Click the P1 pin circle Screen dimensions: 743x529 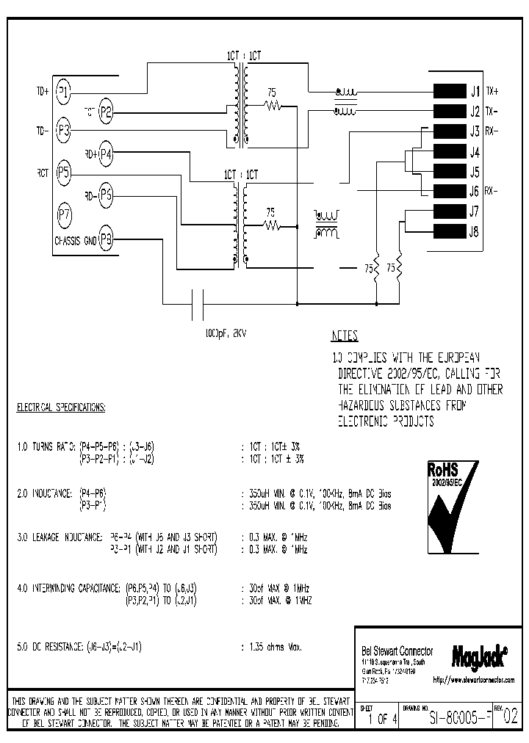64,92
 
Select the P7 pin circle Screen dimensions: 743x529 64,215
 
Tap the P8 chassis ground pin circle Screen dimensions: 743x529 107,239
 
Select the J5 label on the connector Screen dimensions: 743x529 475,173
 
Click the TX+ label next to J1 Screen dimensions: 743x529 492,92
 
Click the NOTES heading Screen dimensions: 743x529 345,336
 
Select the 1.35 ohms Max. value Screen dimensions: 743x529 271,648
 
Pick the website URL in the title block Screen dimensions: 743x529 473,681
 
